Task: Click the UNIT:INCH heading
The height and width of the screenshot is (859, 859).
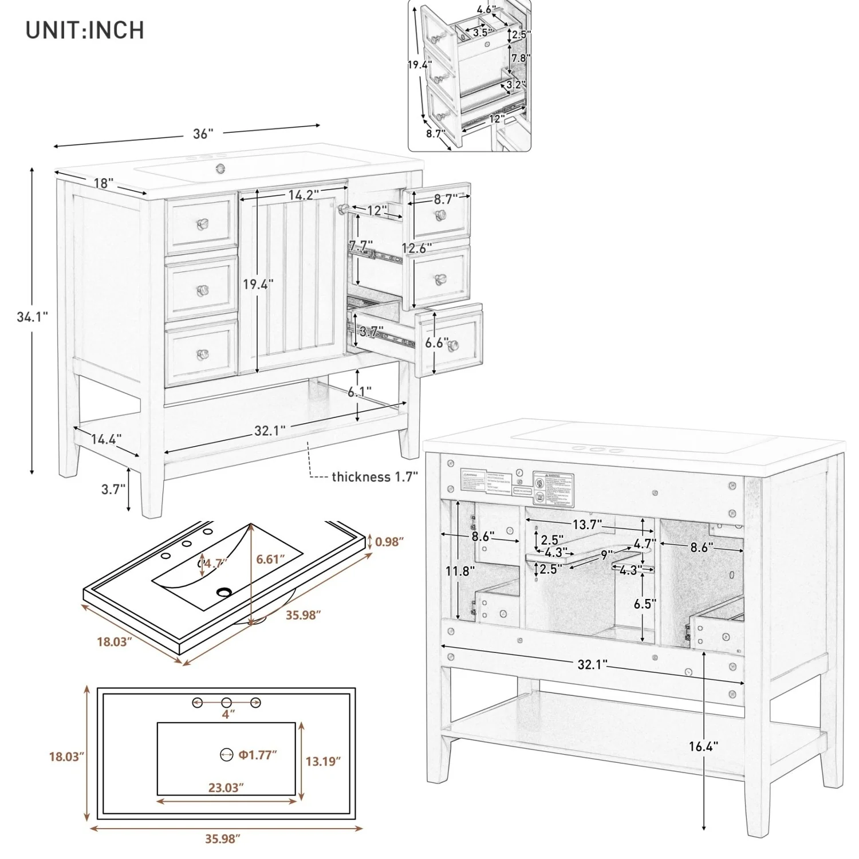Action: click(85, 30)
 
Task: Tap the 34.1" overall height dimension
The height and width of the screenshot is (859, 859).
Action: click(32, 317)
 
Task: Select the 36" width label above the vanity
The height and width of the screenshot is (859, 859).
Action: click(203, 134)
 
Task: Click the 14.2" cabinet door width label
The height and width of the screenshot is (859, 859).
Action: click(304, 195)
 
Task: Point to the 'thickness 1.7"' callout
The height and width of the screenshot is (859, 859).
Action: click(375, 476)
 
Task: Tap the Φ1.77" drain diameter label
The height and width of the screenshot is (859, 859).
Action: click(258, 755)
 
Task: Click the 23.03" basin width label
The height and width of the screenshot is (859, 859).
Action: click(226, 787)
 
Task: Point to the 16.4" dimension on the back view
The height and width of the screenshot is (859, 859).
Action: click(703, 746)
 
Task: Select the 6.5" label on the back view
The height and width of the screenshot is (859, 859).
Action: click(644, 603)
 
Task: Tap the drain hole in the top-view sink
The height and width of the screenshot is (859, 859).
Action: click(227, 755)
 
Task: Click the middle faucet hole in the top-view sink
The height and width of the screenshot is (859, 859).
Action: click(226, 702)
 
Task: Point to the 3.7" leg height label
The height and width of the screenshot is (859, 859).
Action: click(113, 490)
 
